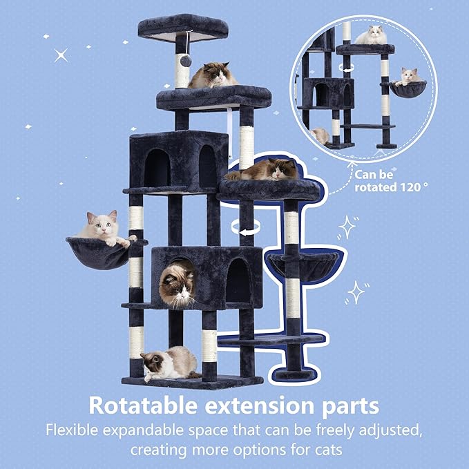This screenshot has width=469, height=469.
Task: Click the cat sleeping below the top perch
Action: pyautogui.click(x=213, y=75)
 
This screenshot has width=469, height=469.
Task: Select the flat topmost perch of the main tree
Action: pyautogui.click(x=182, y=26)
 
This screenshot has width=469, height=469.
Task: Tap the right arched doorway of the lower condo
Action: pyautogui.click(x=237, y=280)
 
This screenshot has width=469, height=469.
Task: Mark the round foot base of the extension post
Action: pyautogui.click(x=290, y=375)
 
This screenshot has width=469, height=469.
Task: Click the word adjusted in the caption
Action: pyautogui.click(x=384, y=430)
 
